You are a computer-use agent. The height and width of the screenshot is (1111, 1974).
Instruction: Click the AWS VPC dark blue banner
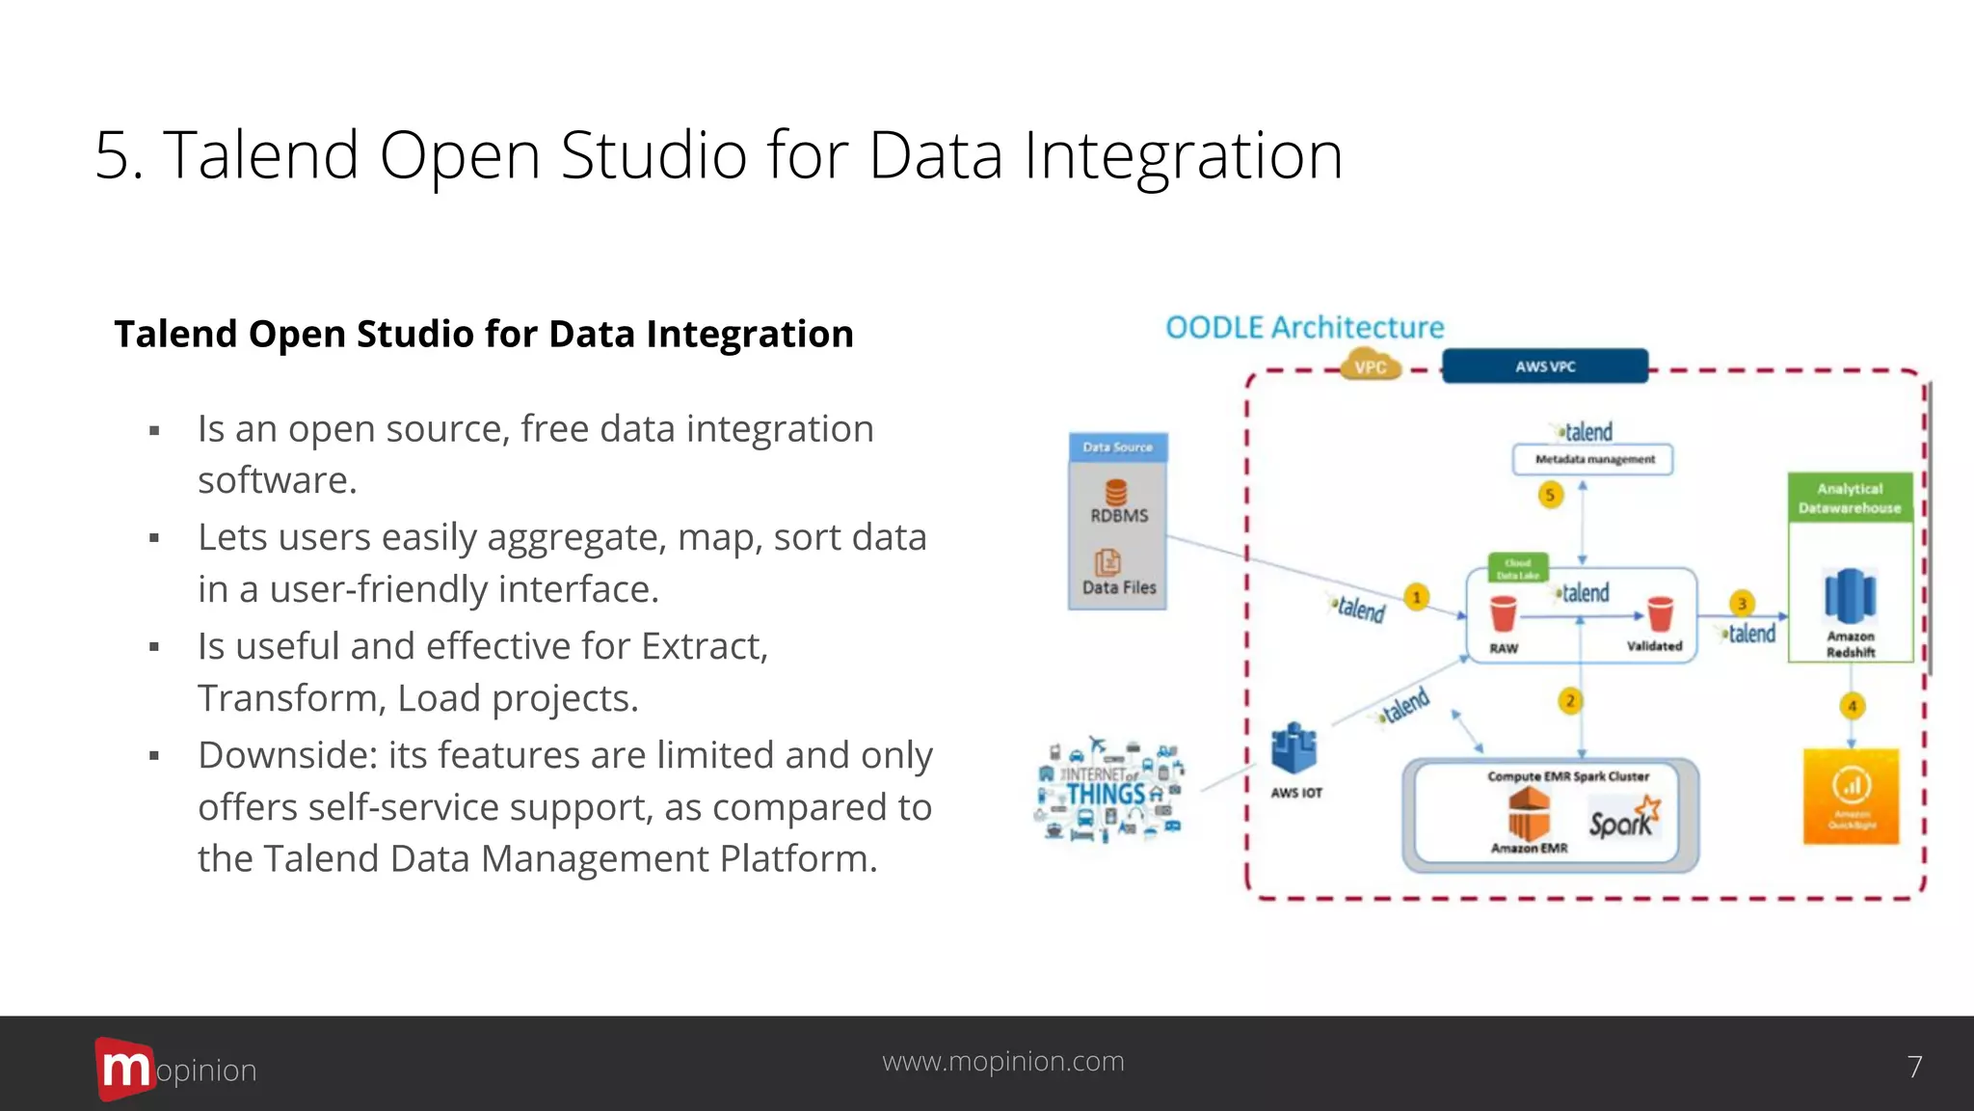click(1544, 366)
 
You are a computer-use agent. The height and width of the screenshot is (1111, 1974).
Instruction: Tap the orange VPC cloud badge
click(1370, 366)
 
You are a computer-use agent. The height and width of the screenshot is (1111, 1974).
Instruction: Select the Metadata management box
click(1593, 459)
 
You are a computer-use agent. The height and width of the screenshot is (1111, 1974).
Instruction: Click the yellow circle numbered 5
click(1550, 496)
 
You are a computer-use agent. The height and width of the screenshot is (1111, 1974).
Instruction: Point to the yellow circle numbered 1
click(1416, 598)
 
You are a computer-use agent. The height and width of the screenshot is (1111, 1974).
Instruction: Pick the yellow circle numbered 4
click(1852, 706)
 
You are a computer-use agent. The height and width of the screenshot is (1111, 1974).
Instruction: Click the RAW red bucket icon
click(1503, 613)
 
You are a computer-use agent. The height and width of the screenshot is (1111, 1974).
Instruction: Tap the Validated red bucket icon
click(1660, 613)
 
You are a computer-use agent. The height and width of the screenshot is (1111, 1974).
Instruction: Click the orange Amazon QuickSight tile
click(1851, 796)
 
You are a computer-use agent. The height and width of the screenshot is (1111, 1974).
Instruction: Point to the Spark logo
click(1624, 818)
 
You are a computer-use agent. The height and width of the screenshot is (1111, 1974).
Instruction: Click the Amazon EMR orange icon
click(1529, 813)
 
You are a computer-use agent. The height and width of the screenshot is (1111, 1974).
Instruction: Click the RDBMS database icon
click(1116, 493)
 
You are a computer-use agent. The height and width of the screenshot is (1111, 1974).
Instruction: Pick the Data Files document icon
click(1107, 562)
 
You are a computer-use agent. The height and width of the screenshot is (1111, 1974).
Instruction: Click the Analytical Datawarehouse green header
click(1849, 498)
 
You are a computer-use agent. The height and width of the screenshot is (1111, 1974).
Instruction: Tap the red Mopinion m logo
click(124, 1069)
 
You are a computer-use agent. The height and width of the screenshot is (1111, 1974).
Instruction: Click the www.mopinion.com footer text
click(1002, 1061)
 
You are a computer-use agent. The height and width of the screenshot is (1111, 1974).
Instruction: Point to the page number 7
click(1914, 1067)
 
